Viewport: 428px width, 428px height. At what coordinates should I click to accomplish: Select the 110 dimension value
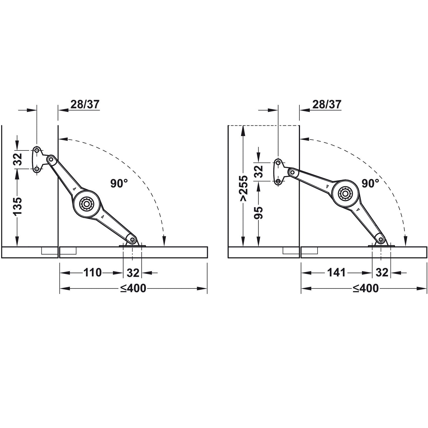tap(93, 272)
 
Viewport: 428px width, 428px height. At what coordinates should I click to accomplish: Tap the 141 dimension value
tap(337, 272)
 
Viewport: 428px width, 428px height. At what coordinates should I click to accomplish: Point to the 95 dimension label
tap(259, 213)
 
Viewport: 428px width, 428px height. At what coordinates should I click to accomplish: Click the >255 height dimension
tap(244, 189)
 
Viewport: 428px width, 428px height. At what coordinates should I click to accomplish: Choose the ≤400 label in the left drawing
tap(133, 288)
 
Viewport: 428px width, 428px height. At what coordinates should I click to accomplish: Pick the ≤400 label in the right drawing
tap(366, 288)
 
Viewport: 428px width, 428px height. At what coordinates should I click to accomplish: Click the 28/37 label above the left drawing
tap(85, 104)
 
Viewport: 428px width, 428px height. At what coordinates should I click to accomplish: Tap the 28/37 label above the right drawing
tap(326, 104)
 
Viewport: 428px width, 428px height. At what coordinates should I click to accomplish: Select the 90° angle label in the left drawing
tap(119, 183)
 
